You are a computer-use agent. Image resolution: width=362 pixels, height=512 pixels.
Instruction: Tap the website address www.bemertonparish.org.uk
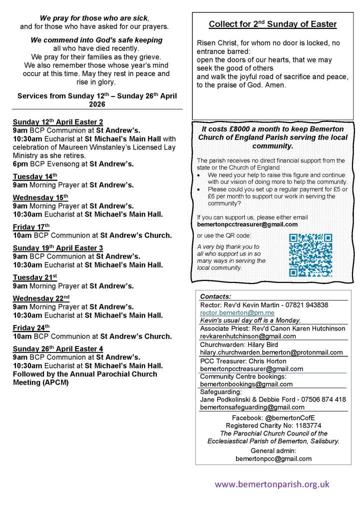272,484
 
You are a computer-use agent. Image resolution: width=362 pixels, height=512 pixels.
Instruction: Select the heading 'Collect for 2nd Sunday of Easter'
272,24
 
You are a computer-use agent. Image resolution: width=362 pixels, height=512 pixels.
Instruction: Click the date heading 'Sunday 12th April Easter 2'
58,121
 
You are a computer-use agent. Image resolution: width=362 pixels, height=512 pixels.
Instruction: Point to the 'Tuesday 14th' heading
35,176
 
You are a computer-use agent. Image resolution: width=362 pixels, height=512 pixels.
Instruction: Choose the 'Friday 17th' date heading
31,226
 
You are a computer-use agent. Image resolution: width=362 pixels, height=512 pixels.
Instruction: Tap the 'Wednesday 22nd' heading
41,297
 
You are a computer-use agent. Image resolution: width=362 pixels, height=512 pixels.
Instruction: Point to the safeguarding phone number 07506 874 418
320,399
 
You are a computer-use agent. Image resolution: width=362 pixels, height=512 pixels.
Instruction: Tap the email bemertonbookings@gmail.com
246,384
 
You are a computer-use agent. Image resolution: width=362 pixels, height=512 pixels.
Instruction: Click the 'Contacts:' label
216,296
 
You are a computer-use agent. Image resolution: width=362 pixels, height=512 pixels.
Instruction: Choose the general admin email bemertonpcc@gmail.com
273,458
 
